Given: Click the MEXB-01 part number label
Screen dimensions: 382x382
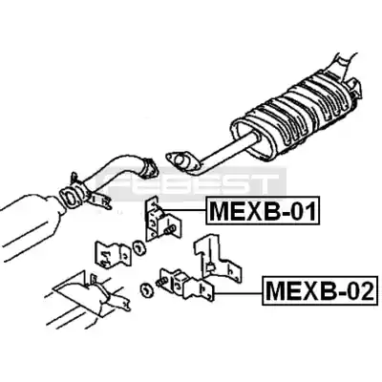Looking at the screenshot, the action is [263, 211].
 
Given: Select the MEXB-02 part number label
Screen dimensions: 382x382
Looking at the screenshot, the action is [319, 290].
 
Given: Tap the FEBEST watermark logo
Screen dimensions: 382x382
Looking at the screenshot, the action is [191, 183].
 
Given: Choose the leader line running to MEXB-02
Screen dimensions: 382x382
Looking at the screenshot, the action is [239, 292].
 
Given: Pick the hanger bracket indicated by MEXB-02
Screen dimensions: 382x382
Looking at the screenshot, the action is [187, 284].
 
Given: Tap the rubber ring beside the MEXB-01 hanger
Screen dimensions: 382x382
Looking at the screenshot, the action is [139, 248].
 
